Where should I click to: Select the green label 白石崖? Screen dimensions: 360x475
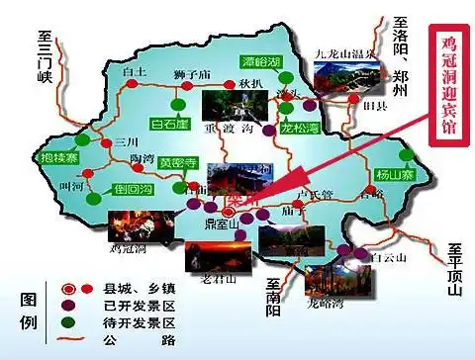point(169,125)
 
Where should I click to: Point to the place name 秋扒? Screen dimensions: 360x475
point(248,85)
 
